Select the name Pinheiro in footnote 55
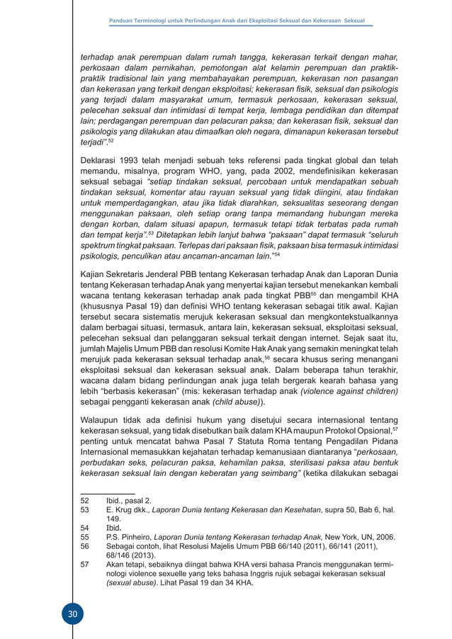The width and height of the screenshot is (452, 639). (x=133, y=536)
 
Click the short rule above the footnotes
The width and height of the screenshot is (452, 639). (x=107, y=492)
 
